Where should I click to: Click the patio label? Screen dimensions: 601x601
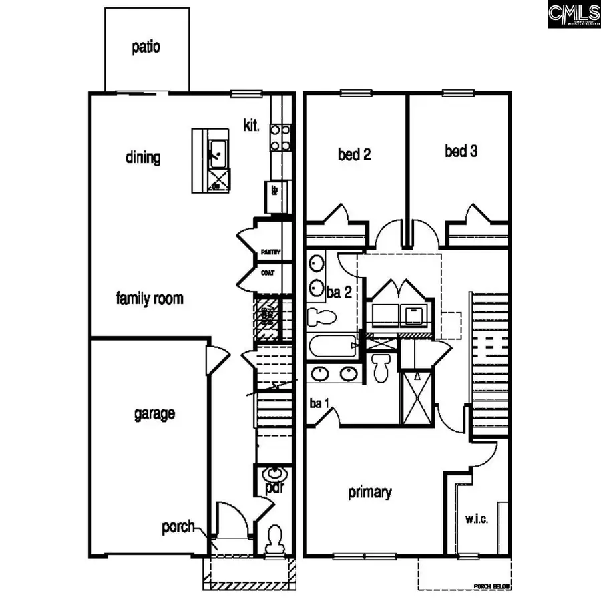146,48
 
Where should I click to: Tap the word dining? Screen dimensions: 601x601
143,158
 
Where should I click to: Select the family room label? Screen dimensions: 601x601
149,298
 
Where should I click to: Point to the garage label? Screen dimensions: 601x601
154,413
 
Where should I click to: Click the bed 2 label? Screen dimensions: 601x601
355,155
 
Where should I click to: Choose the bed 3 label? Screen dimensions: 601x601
461,151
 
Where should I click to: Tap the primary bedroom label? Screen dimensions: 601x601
370,493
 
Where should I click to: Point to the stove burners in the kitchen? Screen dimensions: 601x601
280,136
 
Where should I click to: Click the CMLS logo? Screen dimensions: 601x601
574,14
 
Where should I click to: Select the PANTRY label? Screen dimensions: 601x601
270,252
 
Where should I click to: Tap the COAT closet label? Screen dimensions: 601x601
268,272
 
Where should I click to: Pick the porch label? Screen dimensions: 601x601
178,527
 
